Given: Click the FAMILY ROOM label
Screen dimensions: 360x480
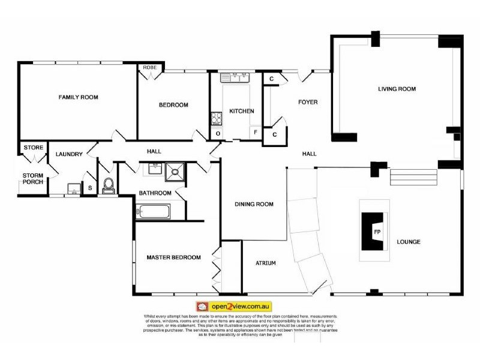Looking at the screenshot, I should tap(78, 97).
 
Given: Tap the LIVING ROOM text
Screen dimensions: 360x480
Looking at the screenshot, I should tap(397, 89).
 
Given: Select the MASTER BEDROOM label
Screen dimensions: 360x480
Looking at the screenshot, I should tap(173, 257).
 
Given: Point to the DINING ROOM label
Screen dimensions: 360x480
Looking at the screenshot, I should tap(253, 205).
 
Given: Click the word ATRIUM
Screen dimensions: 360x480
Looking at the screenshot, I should tap(265, 263).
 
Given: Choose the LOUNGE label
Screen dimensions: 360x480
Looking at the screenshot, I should tap(408, 242).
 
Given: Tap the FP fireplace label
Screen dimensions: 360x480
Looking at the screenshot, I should tap(377, 231).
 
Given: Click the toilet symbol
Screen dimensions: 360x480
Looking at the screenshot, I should tap(109, 185).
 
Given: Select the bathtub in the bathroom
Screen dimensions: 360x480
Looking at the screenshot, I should tap(154, 212).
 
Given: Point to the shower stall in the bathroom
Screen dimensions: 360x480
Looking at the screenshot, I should tap(176, 172).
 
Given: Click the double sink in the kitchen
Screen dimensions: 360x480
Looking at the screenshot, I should tap(235, 77).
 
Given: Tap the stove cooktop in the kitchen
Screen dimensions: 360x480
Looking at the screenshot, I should tap(215, 119).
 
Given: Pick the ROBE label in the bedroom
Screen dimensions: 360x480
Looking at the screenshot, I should tap(149, 68).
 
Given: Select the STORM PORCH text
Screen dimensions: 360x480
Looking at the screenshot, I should tap(32, 179).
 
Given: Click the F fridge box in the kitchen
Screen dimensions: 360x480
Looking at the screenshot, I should tap(255, 132).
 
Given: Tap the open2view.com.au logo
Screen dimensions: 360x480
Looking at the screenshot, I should tap(234, 307).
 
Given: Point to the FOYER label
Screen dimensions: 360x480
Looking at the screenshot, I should tap(308, 103).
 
